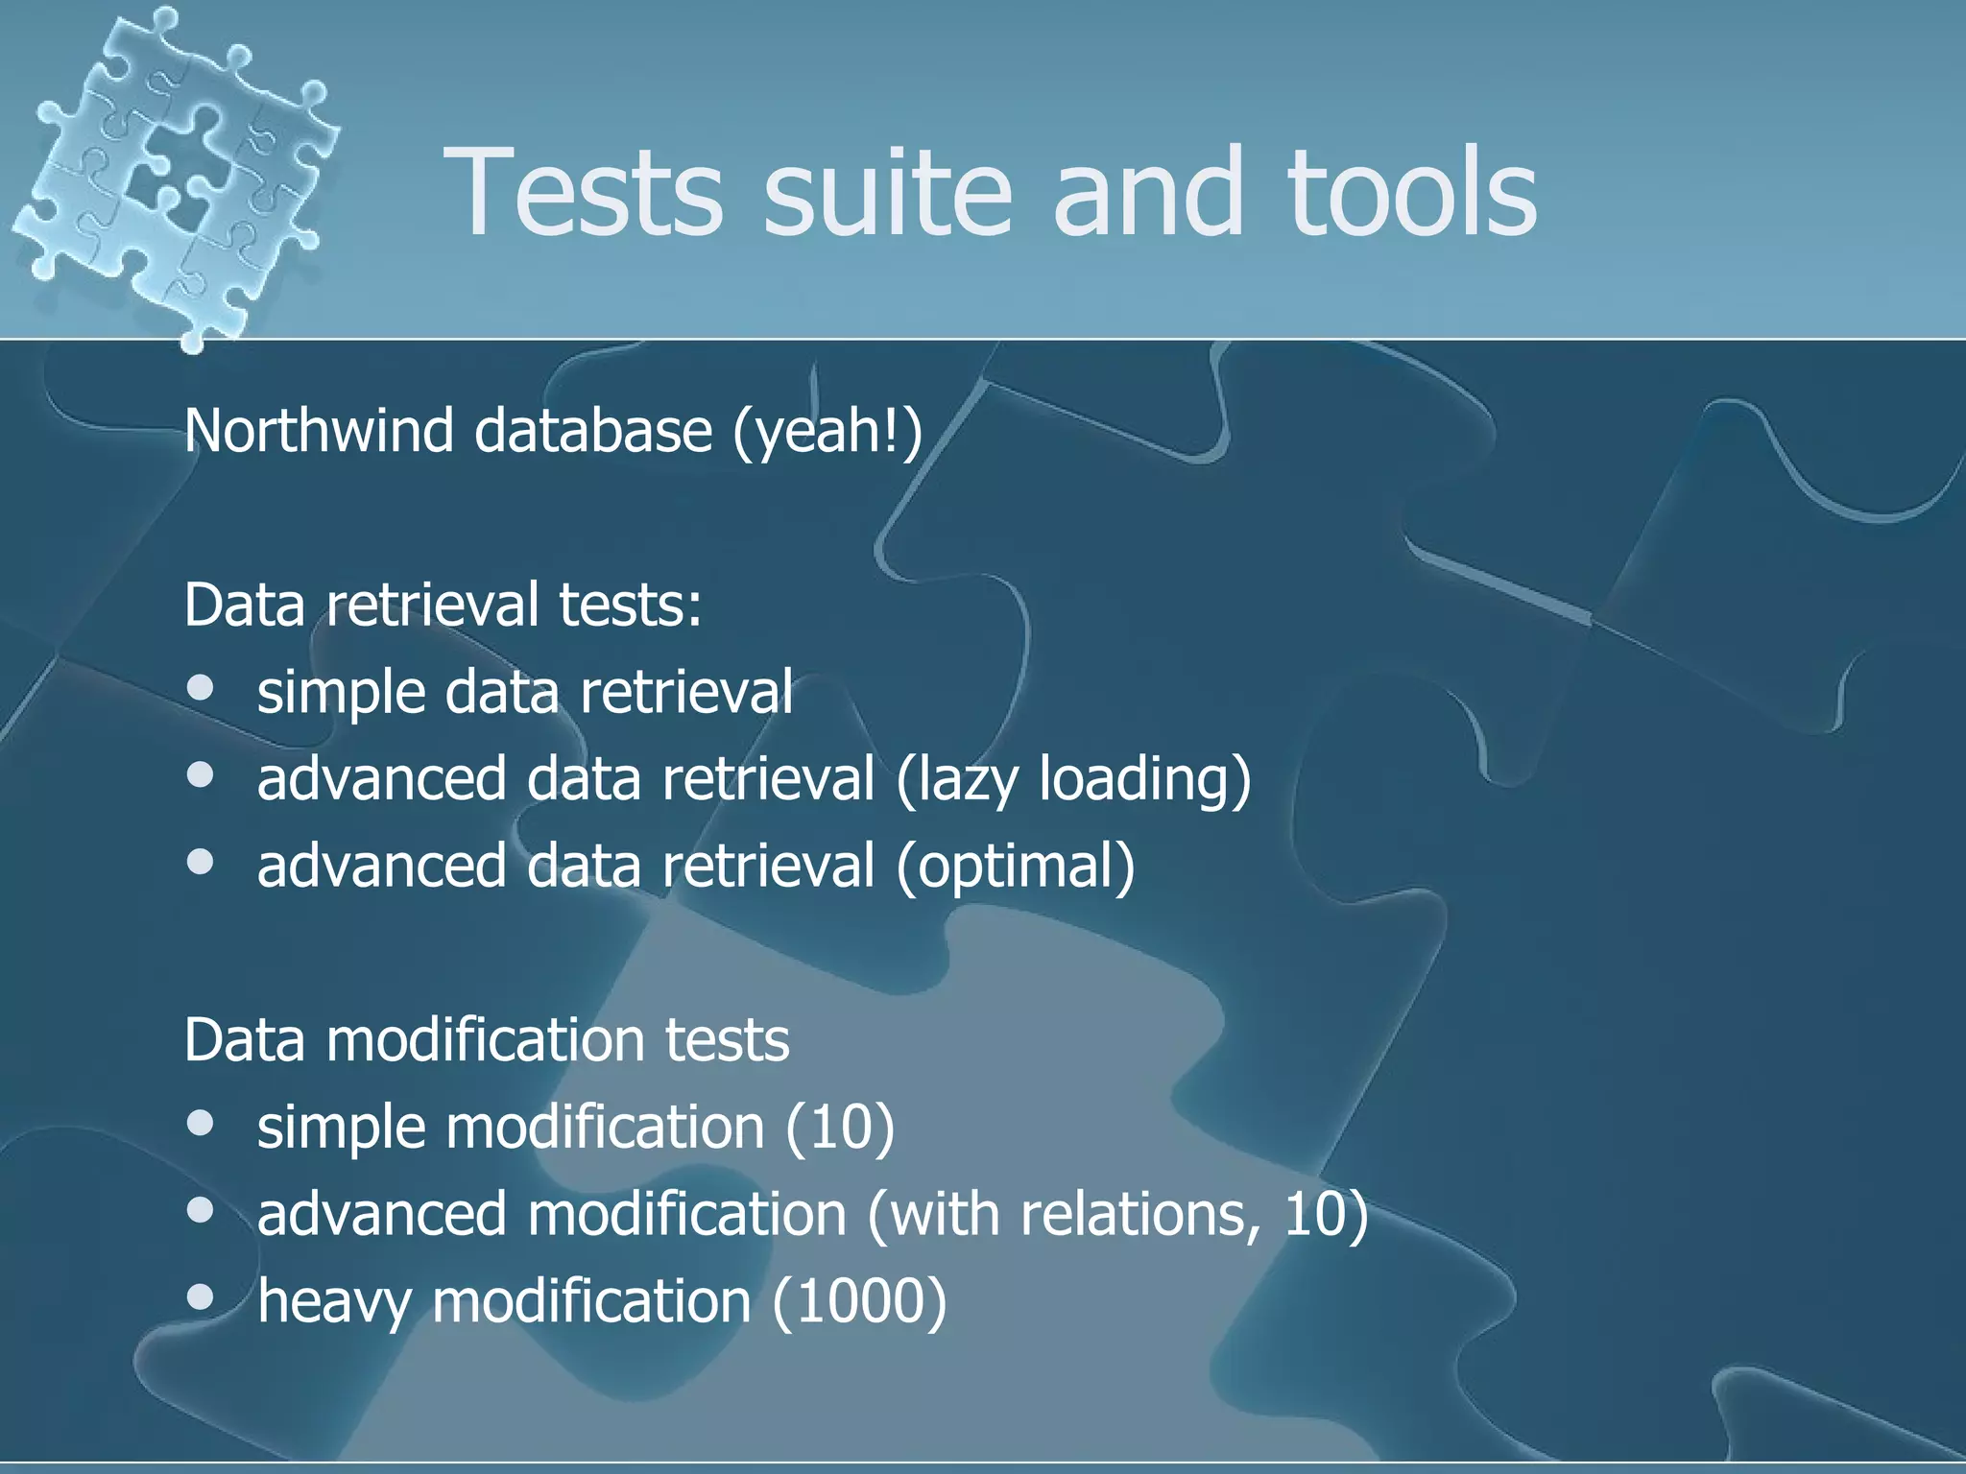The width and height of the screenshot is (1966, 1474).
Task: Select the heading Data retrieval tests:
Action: [x=443, y=605]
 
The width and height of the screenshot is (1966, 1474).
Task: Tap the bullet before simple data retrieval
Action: [x=201, y=688]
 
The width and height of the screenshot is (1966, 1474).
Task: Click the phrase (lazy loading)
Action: [x=1073, y=779]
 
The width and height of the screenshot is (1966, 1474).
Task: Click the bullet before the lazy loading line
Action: [x=201, y=775]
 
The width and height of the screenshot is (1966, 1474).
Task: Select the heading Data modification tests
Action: [x=486, y=1039]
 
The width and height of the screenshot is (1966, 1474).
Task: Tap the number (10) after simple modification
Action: [x=840, y=1127]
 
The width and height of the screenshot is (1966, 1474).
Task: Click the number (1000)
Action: [x=859, y=1302]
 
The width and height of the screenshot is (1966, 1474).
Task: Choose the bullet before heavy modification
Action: [x=201, y=1297]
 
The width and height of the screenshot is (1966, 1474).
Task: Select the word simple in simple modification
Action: [x=341, y=1129]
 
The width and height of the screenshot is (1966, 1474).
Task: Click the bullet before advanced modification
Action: [x=201, y=1210]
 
